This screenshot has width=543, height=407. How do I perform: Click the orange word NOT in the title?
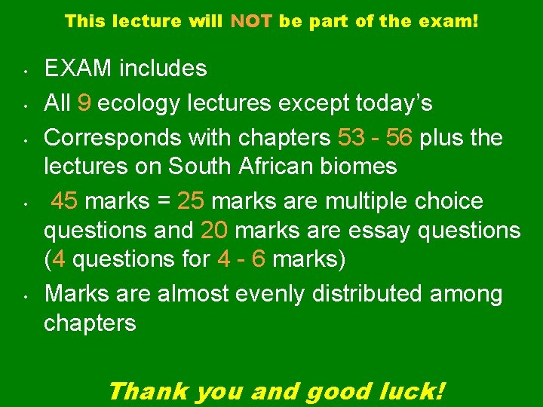252,21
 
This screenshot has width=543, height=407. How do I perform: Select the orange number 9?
84,102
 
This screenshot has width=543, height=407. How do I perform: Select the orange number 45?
65,201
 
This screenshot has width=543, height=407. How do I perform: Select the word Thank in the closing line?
148,390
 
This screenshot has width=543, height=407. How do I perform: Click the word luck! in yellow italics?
415,390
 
